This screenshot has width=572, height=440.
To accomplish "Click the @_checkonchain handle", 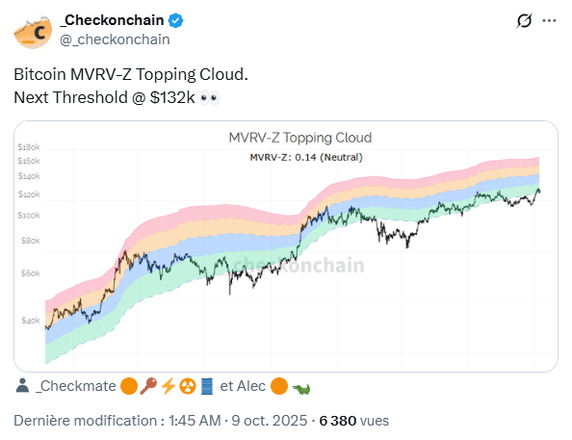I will click(x=116, y=39).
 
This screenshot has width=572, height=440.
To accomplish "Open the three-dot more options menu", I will click(x=550, y=20).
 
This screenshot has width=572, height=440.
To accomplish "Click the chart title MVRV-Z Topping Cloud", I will click(x=299, y=138).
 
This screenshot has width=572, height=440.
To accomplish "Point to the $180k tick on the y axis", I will click(x=28, y=145).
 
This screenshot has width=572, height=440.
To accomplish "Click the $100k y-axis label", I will click(x=28, y=214).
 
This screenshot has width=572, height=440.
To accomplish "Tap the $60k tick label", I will click(x=28, y=273).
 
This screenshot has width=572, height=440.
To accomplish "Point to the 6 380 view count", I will click(x=337, y=421).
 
